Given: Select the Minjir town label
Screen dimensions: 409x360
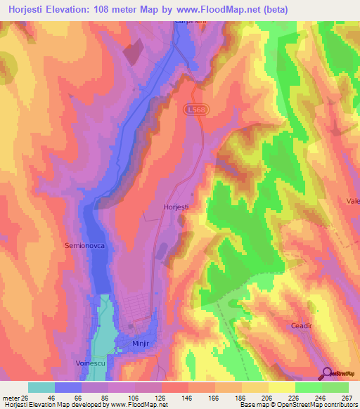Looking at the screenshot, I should point(142,344).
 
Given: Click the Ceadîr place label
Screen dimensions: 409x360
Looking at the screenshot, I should point(305,326).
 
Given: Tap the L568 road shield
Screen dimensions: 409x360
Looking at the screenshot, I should point(197,110).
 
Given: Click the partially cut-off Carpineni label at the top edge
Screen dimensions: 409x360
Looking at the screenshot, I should point(188,22).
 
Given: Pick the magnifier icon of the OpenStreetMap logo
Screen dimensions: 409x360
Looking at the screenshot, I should point(327,373).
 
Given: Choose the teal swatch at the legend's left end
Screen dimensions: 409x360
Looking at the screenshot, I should point(41,387).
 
